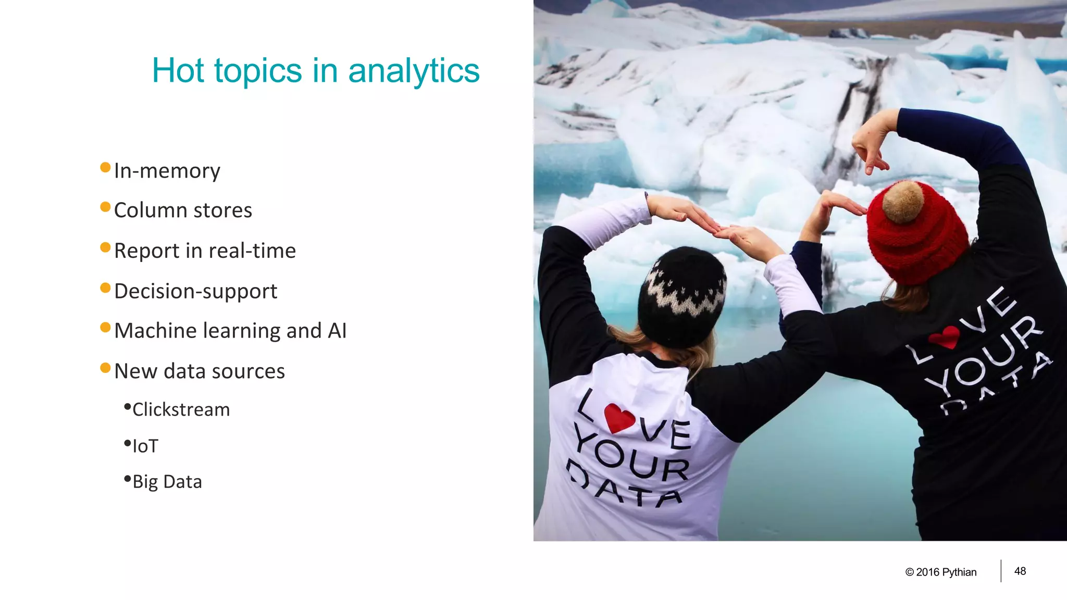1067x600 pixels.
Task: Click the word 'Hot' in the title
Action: click(x=178, y=70)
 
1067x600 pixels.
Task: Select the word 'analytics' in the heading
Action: click(x=414, y=70)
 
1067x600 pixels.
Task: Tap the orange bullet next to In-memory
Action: click(x=105, y=167)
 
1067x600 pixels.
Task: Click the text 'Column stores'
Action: click(x=183, y=210)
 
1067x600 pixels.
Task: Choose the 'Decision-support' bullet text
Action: click(x=195, y=291)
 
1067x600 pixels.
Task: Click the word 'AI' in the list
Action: click(x=337, y=331)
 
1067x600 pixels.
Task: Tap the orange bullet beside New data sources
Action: click(x=105, y=368)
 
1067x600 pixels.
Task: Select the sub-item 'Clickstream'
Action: click(x=181, y=409)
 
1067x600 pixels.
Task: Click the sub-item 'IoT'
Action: click(x=145, y=446)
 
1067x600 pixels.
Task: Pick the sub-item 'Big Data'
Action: click(x=167, y=481)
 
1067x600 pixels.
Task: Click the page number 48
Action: click(x=1020, y=571)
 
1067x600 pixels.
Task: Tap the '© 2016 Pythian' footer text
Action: click(x=941, y=572)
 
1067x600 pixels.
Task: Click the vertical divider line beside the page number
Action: click(x=1001, y=571)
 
